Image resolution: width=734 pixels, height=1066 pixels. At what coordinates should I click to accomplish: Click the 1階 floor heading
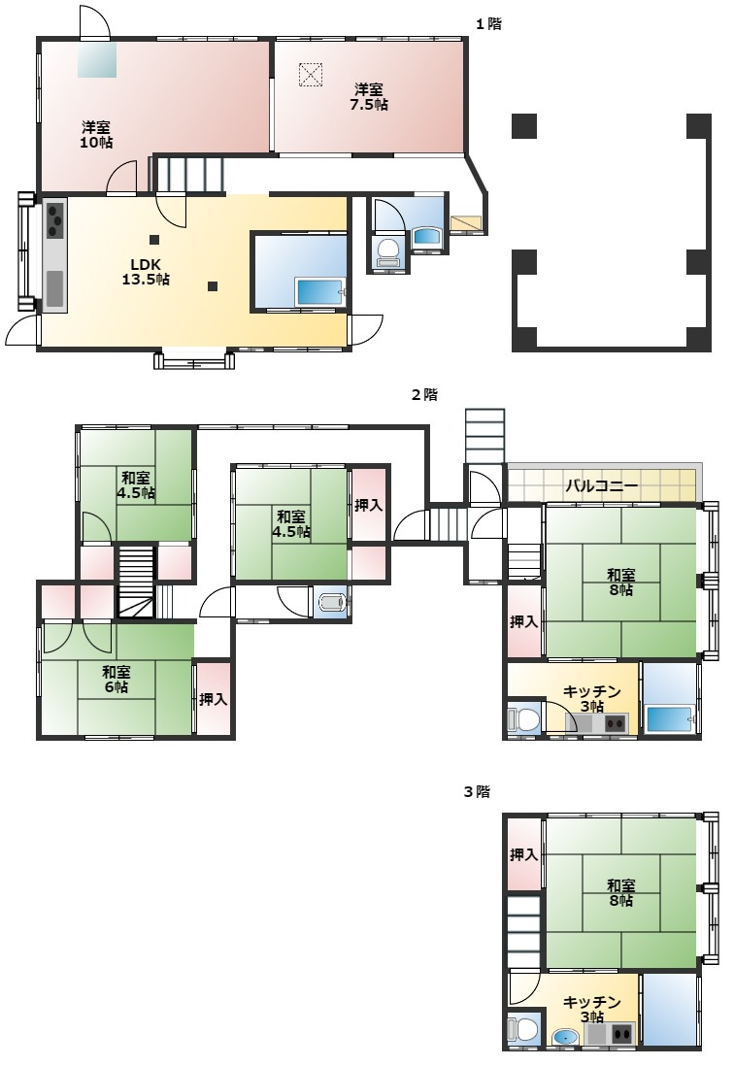tap(488, 24)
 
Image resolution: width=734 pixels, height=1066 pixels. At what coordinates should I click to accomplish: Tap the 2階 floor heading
tap(425, 394)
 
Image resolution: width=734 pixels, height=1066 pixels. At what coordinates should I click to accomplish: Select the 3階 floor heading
tap(477, 791)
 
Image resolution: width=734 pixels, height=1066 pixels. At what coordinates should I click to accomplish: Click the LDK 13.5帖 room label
tap(146, 272)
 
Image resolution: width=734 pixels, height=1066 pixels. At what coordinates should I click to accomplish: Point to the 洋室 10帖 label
tap(96, 135)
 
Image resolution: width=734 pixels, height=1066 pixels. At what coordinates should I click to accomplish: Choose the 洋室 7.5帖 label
tap(368, 96)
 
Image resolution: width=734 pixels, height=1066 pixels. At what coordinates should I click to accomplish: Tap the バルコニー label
tap(602, 486)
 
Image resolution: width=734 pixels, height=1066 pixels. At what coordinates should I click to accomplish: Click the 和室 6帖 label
tap(117, 680)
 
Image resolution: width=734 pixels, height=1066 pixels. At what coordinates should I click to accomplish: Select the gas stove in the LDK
tap(54, 220)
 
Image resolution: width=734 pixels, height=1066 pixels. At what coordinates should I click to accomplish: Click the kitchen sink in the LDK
tap(54, 288)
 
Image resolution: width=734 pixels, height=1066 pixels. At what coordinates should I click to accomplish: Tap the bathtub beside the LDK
tap(320, 292)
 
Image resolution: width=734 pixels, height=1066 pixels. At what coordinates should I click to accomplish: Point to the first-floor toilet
tap(388, 252)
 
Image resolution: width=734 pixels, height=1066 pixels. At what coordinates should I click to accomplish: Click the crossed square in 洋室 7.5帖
tap(310, 75)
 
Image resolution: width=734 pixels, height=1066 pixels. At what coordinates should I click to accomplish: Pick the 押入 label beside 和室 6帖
tap(213, 699)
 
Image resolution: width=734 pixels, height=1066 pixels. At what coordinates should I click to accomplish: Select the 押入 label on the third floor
tap(523, 854)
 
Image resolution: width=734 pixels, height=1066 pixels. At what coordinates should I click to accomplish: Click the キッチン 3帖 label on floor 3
tap(592, 1010)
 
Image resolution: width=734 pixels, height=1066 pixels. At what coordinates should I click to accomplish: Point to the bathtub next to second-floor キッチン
tap(670, 718)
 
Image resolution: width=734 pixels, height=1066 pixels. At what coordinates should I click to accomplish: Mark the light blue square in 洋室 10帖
tap(96, 59)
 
